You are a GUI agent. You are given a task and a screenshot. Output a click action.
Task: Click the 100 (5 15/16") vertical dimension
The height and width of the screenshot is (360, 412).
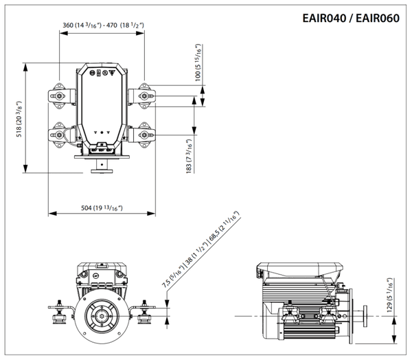point(198,63)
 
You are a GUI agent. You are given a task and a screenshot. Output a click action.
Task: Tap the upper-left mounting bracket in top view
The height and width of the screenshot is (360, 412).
point(59,96)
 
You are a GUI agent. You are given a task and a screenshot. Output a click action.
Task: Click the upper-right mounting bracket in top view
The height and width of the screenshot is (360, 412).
point(144,96)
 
